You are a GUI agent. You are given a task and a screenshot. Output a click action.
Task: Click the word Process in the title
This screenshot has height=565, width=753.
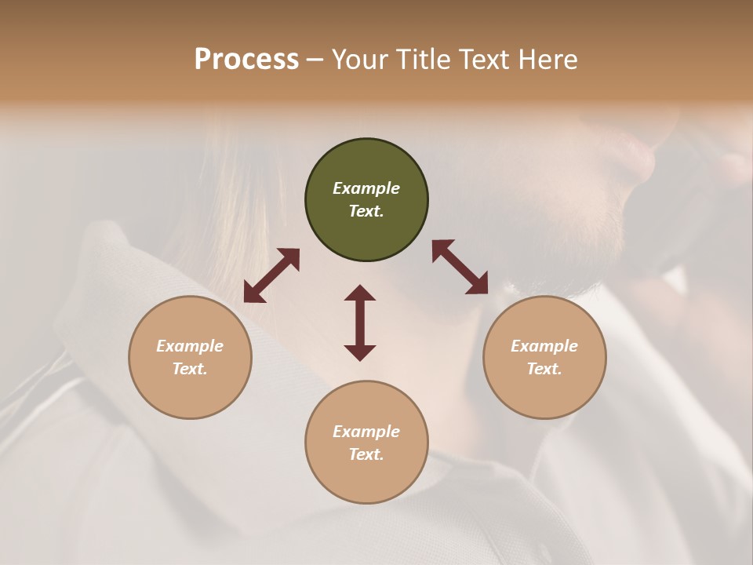coord(246,59)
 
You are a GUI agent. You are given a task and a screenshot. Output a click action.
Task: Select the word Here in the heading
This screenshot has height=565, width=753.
coord(547,59)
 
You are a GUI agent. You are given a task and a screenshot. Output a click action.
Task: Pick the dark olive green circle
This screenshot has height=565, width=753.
coord(366,200)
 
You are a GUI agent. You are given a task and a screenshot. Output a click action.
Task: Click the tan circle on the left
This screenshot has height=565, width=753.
coord(190,357)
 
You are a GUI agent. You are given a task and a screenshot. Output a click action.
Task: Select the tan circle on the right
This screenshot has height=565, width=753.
coord(544,357)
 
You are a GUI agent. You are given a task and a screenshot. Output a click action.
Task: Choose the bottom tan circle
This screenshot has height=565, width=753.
coord(366,442)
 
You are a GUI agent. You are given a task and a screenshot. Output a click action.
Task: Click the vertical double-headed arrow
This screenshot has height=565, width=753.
coord(360,323)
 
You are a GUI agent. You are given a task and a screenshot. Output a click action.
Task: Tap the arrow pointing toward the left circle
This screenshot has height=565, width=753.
coord(271,275)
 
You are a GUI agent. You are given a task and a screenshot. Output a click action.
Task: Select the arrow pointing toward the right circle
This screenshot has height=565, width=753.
coord(460,267)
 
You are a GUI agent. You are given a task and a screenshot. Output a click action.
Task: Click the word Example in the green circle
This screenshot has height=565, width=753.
coord(366,188)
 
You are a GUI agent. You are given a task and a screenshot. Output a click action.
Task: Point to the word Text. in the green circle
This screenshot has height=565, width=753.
coord(366,211)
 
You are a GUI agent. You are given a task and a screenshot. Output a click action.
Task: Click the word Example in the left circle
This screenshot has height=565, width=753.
coord(190,346)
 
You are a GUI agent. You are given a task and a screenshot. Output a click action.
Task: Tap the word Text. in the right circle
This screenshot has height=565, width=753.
coord(544,369)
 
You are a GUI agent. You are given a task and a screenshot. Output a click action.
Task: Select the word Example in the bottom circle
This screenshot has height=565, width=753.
coord(366,432)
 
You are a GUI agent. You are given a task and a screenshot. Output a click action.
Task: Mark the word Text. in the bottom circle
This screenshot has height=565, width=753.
coord(366,454)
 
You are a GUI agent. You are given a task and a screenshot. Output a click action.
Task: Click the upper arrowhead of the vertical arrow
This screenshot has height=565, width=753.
coord(360,293)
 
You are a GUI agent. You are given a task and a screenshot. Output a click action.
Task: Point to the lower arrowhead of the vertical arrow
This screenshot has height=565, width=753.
coord(360,352)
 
